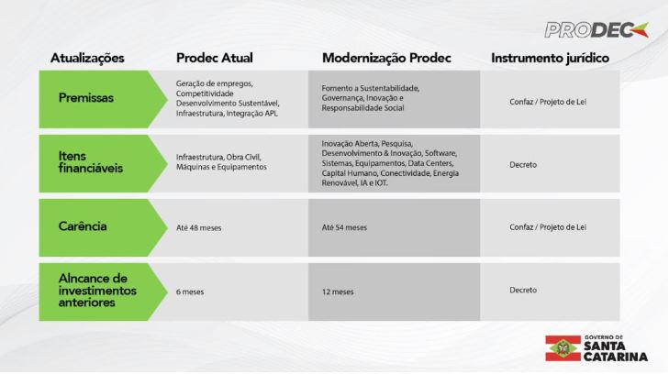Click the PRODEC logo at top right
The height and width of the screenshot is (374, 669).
[x=597, y=30]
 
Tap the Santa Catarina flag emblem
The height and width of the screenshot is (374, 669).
[x=563, y=348]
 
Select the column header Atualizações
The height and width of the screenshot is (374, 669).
[x=87, y=58]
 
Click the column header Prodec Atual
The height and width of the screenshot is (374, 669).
[x=214, y=58]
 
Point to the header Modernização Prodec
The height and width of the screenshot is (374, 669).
[x=386, y=58]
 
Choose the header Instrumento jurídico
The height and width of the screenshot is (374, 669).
[x=550, y=58]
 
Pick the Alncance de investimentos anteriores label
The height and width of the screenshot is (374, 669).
[x=97, y=291]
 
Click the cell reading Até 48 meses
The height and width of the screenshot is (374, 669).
[x=199, y=228]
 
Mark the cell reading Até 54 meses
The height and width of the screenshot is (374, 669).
[x=344, y=227]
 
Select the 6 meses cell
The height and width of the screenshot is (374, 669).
[x=190, y=291]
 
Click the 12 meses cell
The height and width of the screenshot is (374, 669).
[x=338, y=291]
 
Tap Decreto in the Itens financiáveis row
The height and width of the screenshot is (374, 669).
[x=523, y=164]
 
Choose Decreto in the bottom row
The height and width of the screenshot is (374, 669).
[x=523, y=290]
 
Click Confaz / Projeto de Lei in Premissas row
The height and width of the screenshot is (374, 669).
[x=548, y=102]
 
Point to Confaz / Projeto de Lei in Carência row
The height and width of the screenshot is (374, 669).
[x=548, y=227]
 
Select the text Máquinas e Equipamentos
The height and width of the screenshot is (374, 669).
[x=221, y=167]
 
